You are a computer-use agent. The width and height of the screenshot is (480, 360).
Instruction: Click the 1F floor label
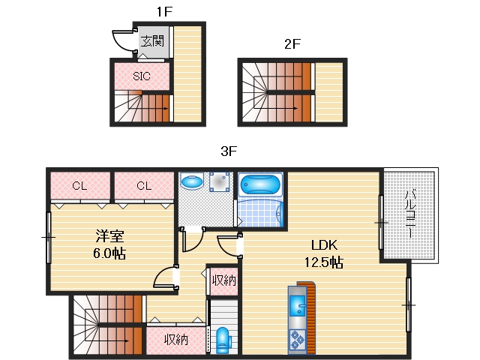pyautogui.click(x=165, y=12)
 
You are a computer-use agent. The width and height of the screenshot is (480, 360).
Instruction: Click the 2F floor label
pyautogui.click(x=292, y=43)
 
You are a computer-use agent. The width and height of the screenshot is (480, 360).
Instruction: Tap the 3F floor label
pyautogui.click(x=229, y=151)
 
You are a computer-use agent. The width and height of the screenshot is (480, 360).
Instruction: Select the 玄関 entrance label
pyautogui.click(x=152, y=41)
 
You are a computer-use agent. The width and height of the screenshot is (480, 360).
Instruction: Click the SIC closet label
pyautogui.click(x=142, y=76)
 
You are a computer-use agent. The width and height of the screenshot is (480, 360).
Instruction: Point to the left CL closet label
pyautogui.click(x=80, y=185)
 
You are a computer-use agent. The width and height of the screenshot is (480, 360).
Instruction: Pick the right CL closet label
pyautogui.click(x=144, y=185)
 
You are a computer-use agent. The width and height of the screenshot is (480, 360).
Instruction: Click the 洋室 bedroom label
pyautogui.click(x=110, y=235)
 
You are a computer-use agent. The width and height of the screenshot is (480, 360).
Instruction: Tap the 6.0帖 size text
pyautogui.click(x=109, y=253)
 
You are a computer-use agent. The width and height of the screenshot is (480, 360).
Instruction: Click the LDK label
pyautogui.click(x=324, y=245)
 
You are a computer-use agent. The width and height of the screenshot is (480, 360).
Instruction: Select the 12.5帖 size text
pyautogui.click(x=324, y=262)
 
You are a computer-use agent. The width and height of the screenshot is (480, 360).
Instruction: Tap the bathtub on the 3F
pyautogui.click(x=260, y=184)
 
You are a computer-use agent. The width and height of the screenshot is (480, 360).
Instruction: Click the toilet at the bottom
pyautogui.click(x=223, y=340)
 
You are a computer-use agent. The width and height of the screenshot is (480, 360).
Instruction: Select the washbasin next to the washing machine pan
pyautogui.click(x=192, y=181)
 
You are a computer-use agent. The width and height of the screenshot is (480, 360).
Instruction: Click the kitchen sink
pyautogui.click(x=297, y=305)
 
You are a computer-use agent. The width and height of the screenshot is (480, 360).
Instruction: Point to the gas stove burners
pyautogui.click(x=297, y=340)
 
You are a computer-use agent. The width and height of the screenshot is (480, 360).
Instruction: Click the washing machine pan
pyautogui.click(x=220, y=181)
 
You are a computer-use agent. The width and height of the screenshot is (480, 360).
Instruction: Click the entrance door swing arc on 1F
pyautogui.click(x=121, y=42)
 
